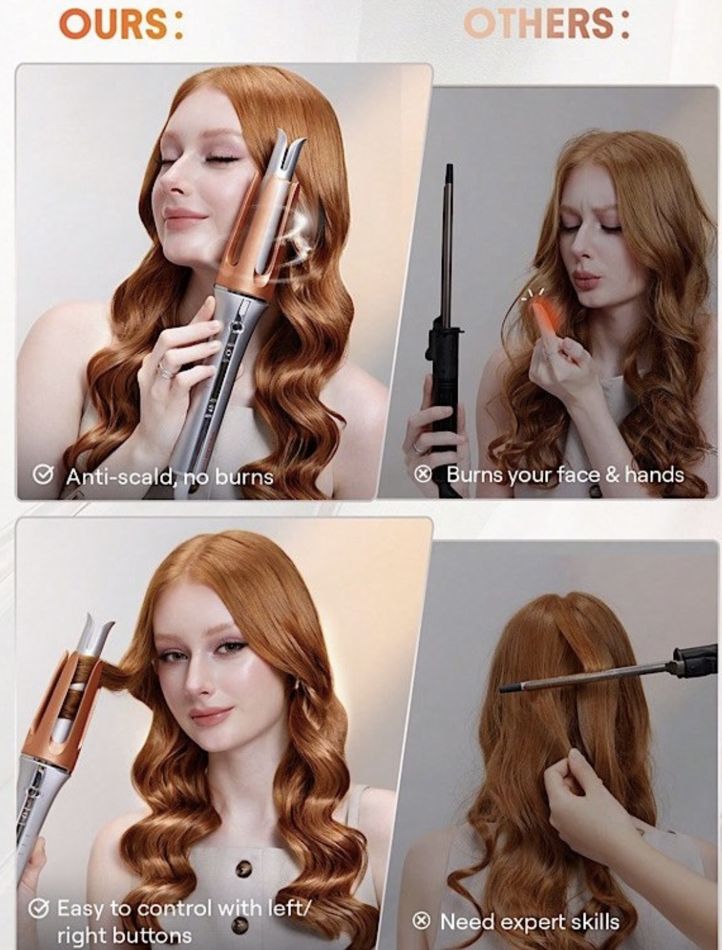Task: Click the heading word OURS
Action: click(114, 24)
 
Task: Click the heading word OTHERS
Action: click(539, 24)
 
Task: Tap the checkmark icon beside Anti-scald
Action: click(42, 475)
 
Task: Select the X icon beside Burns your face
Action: click(423, 475)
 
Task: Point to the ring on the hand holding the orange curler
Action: click(165, 370)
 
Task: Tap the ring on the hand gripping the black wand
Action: click(418, 447)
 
